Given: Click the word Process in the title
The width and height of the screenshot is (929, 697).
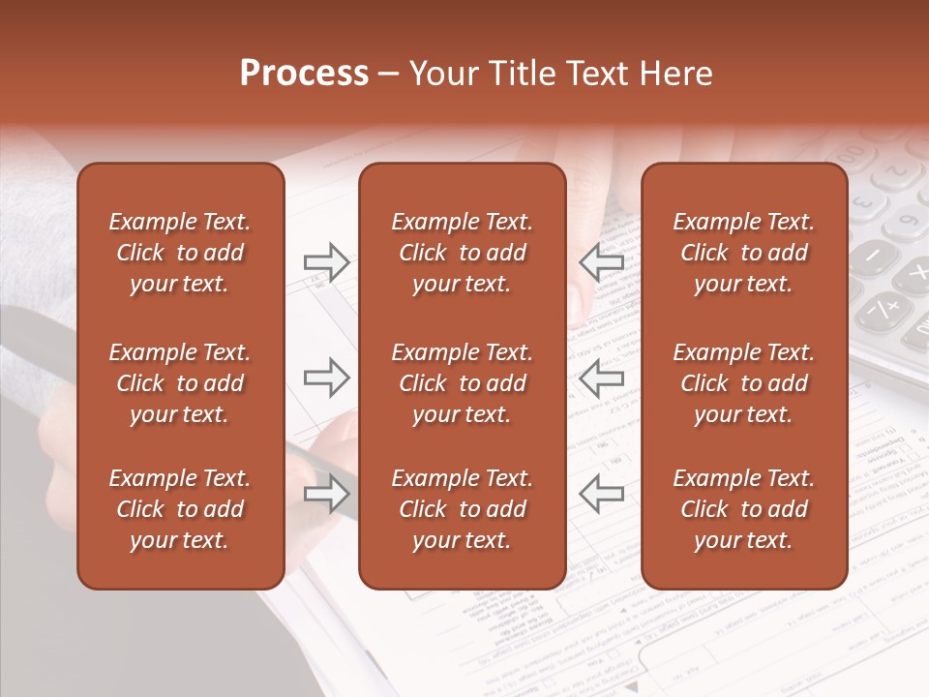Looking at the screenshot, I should click(x=304, y=74).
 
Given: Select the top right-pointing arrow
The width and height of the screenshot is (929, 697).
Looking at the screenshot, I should click(x=326, y=262).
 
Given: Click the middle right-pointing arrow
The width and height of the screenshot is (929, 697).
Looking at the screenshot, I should click(x=326, y=378).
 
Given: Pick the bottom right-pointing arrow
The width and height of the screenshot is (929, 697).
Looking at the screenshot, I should click(x=326, y=495).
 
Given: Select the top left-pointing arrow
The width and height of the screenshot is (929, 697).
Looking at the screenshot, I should click(x=601, y=262).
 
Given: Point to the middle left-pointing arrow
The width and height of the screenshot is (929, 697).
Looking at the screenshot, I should click(x=601, y=378).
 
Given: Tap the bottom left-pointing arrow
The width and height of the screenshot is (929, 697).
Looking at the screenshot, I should click(x=601, y=495).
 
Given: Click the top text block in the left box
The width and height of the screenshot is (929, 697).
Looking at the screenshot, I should click(x=180, y=253).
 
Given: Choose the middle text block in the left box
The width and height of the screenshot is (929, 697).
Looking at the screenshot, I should click(x=180, y=383).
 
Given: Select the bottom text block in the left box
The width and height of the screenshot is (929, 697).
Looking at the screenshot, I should click(x=180, y=509).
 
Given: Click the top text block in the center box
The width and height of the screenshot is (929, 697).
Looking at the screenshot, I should click(x=462, y=253).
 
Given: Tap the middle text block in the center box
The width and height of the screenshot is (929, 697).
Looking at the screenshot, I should click(x=462, y=383).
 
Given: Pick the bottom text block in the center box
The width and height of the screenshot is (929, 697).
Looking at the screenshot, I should click(x=462, y=509).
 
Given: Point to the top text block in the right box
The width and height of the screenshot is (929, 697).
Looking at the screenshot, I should click(x=743, y=253).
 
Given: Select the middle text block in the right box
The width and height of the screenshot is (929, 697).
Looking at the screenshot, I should click(x=743, y=383).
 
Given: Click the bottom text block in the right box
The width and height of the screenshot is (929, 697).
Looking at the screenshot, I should click(x=743, y=509).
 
